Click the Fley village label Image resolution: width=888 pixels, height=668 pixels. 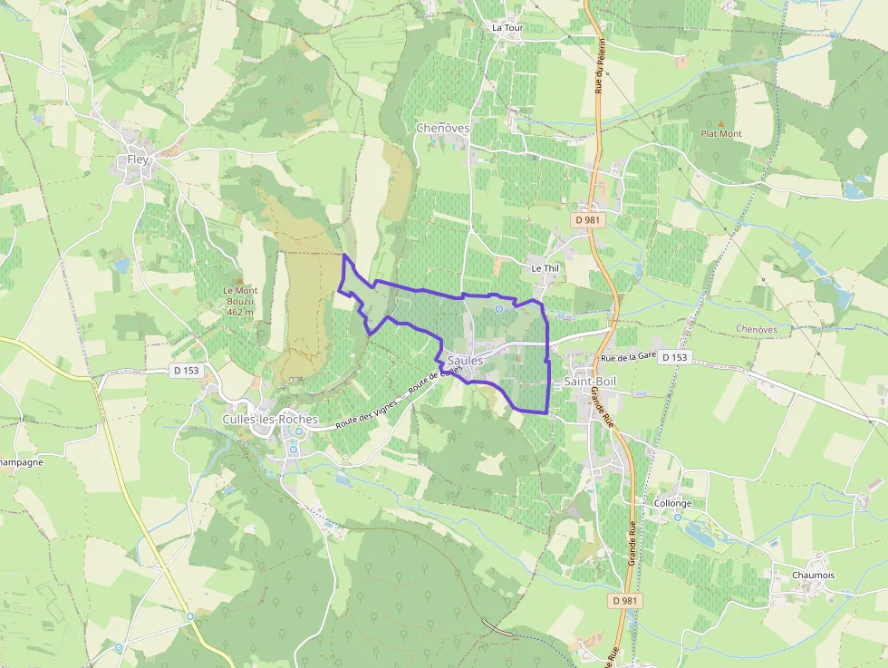coord(138,160)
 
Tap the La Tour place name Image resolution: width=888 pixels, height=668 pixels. coord(507,28)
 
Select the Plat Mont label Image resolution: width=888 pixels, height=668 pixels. coord(721,134)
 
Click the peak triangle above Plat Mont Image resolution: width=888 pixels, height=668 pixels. coord(721,123)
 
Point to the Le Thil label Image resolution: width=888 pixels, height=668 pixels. coord(545,268)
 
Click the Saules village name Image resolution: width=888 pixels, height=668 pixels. coord(465,361)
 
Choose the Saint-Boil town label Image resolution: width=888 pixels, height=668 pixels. coord(590,382)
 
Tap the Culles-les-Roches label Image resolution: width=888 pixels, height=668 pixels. coord(270,420)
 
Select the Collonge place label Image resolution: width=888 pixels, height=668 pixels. coord(672,503)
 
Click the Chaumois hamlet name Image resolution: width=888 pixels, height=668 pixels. coord(813,576)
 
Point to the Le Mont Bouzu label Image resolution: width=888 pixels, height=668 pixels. coord(239,301)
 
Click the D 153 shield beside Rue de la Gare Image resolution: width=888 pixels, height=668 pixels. coord(673,357)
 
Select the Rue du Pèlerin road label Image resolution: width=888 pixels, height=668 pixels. coord(599,73)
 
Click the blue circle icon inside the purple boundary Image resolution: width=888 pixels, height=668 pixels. coord(498,309)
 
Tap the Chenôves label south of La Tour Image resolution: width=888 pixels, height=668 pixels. coord(442,128)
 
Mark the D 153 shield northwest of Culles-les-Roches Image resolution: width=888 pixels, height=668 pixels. coord(185,370)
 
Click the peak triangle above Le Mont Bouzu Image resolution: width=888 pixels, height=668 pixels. coord(239,280)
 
